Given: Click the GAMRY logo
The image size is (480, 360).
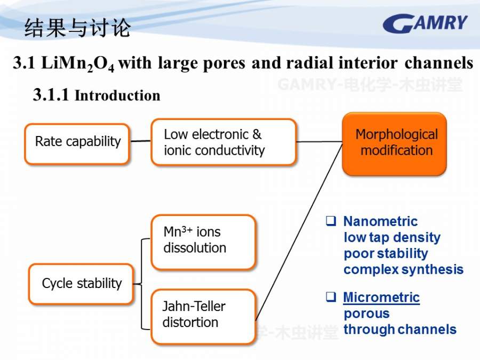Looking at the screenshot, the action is click(425, 23).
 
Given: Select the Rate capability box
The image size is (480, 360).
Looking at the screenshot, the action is click(77, 144).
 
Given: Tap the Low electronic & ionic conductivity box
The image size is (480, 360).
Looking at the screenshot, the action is click(224, 142).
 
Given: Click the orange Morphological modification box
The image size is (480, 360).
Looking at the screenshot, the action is click(395, 144).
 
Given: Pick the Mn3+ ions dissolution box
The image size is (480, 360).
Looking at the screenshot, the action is click(204, 242).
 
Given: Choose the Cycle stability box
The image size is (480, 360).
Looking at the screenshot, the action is click(81, 284).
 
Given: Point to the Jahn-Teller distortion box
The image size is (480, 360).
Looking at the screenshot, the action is click(204, 316).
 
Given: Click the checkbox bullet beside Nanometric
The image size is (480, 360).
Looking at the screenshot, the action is click(331, 221).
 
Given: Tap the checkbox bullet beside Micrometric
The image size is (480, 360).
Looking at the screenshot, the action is click(331, 297).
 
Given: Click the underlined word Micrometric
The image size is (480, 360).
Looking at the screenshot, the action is click(381, 297).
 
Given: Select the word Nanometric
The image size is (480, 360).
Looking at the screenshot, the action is click(380, 221).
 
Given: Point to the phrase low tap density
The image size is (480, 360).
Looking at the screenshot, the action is click(392, 237).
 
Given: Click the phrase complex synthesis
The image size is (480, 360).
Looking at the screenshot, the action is click(404, 270).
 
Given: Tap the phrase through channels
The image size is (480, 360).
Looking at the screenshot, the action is click(400, 330).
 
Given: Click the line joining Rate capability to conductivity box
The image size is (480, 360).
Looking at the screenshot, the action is click(140, 141).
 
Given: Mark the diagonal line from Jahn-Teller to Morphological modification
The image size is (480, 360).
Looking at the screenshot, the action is click(299, 233).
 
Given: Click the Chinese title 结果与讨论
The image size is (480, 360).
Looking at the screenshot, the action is click(78, 28).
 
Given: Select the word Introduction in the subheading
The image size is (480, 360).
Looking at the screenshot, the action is click(117, 95).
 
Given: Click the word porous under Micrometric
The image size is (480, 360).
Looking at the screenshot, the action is click(366, 314).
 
